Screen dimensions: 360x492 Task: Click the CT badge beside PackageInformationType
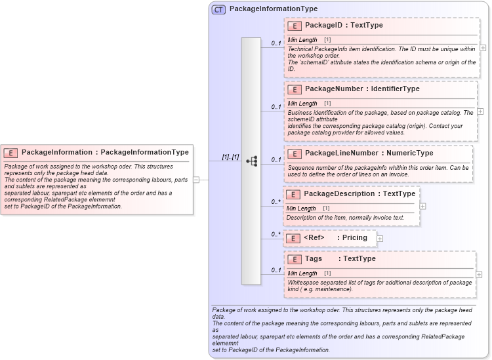[x=219, y=9]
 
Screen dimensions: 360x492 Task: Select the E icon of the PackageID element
[x=295, y=26]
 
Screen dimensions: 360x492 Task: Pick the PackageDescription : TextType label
[x=359, y=194]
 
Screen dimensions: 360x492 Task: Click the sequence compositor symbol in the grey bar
[x=251, y=161]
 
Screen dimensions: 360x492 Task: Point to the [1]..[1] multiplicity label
[x=230, y=157]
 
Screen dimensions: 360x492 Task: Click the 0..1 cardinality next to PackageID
[x=276, y=43]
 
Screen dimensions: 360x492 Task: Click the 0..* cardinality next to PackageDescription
[x=276, y=202]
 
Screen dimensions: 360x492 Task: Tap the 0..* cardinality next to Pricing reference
[x=276, y=234]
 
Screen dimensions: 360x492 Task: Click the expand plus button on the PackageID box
[x=483, y=48]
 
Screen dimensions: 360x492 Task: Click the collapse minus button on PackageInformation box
[x=196, y=179]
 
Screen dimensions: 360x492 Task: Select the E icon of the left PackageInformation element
[x=11, y=152]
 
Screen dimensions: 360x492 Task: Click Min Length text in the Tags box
[x=302, y=273]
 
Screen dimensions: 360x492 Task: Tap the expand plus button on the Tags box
[x=480, y=274]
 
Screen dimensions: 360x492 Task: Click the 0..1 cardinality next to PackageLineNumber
[x=276, y=159]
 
